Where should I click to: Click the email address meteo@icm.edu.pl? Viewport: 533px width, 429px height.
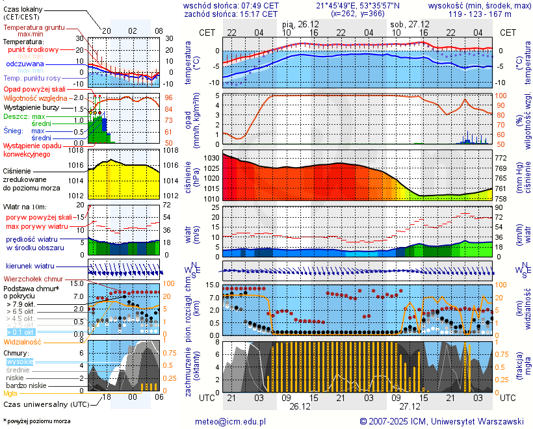tap(231, 421)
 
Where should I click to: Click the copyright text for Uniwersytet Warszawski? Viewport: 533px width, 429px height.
tap(442, 421)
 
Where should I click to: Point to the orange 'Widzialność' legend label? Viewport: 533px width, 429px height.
tap(23, 341)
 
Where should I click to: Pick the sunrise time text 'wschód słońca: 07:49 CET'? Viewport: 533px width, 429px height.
tap(231, 5)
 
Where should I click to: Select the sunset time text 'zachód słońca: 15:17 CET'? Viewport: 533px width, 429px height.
tap(231, 14)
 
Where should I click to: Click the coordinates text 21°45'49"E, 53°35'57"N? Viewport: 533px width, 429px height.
tap(363, 5)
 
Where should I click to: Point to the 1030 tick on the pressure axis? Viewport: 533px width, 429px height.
tap(212, 158)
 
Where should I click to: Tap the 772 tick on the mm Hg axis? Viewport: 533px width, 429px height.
tap(502, 158)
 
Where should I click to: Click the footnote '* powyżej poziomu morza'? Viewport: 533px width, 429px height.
tap(36, 421)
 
